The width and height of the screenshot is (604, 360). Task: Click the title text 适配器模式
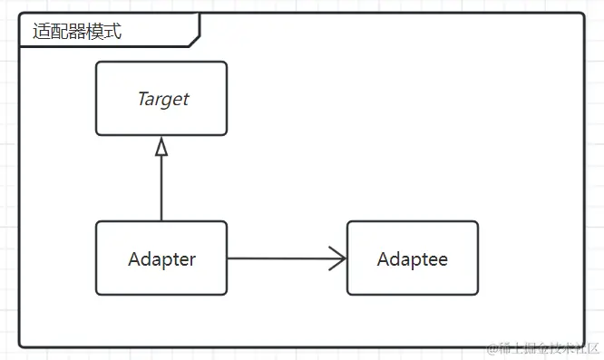pos(77,32)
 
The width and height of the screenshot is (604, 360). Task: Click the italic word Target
pos(162,99)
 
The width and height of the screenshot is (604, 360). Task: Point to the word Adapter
pos(161,259)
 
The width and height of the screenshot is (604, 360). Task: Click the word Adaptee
pos(412,259)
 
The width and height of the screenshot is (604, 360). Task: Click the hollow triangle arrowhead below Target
pos(161,148)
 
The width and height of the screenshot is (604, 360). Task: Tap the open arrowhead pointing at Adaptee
pos(339,258)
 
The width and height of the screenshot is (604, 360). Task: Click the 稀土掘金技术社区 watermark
pos(549,348)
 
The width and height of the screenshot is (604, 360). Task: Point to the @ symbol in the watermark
pos(492,348)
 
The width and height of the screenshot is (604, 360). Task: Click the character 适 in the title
pos(41,32)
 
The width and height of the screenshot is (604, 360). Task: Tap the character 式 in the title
pos(113,32)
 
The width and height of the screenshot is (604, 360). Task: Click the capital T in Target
pos(141,99)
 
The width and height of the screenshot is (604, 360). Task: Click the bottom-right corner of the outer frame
pos(583,345)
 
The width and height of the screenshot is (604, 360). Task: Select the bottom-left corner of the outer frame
pos(21,345)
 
